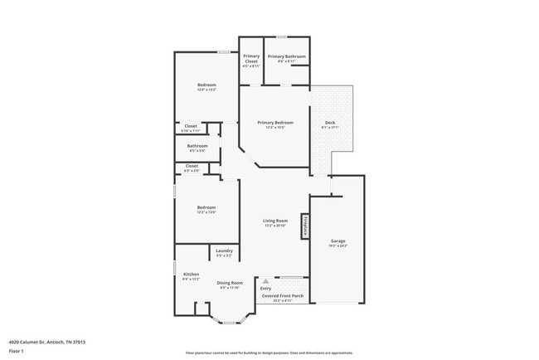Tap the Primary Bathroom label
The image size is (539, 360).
click(286, 56)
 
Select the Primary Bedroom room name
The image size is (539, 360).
click(274, 123)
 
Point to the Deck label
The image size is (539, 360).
click(330, 123)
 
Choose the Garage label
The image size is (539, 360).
click(337, 241)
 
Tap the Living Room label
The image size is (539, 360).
click(274, 221)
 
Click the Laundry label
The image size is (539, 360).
click(224, 251)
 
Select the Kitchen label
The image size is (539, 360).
click(191, 275)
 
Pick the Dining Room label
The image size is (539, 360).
click(230, 283)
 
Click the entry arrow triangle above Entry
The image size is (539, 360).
click(266, 281)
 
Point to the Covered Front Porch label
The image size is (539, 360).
click(281, 295)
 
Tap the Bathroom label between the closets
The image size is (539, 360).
click(197, 146)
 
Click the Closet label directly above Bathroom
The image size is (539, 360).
click(191, 126)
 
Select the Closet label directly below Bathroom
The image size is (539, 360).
click(192, 166)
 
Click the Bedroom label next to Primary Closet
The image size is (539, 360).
click(206, 85)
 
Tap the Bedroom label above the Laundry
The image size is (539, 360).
click(206, 207)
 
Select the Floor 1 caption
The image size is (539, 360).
click(17, 351)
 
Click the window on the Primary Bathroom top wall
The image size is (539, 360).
click(282, 36)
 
